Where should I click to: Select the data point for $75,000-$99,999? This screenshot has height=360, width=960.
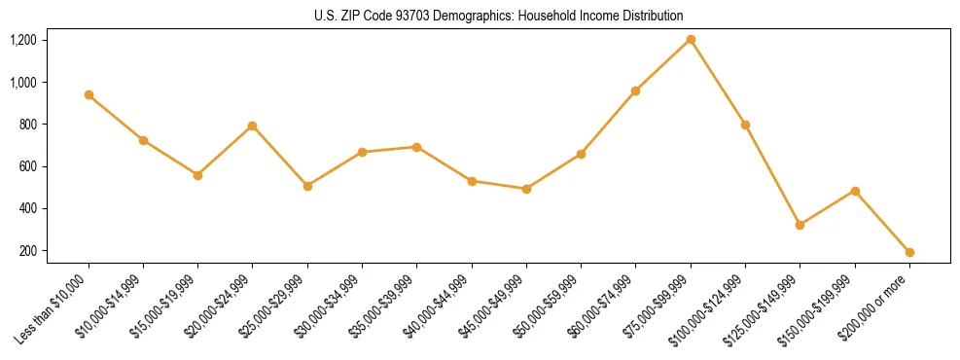click(691, 40)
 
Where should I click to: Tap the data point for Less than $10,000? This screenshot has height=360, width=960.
click(89, 94)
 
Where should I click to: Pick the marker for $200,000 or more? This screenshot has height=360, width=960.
click(909, 252)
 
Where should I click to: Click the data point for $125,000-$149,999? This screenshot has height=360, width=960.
click(800, 225)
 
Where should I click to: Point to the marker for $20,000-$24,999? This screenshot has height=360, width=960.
click(253, 126)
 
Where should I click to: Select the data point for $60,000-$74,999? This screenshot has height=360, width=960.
click(635, 90)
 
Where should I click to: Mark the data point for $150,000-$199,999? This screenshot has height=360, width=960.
click(855, 191)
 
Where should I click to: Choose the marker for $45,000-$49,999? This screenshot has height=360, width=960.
click(526, 189)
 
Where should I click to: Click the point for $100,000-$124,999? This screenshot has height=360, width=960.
click(745, 125)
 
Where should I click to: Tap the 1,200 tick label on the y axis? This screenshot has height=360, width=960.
click(50, 40)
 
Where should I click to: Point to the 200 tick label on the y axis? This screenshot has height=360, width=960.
click(54, 251)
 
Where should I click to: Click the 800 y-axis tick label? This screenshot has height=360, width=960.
click(54, 125)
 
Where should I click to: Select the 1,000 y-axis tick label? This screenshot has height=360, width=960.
click(50, 83)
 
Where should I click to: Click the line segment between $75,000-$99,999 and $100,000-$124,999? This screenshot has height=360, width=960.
click(718, 83)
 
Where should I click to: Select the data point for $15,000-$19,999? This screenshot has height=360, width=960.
click(197, 175)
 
